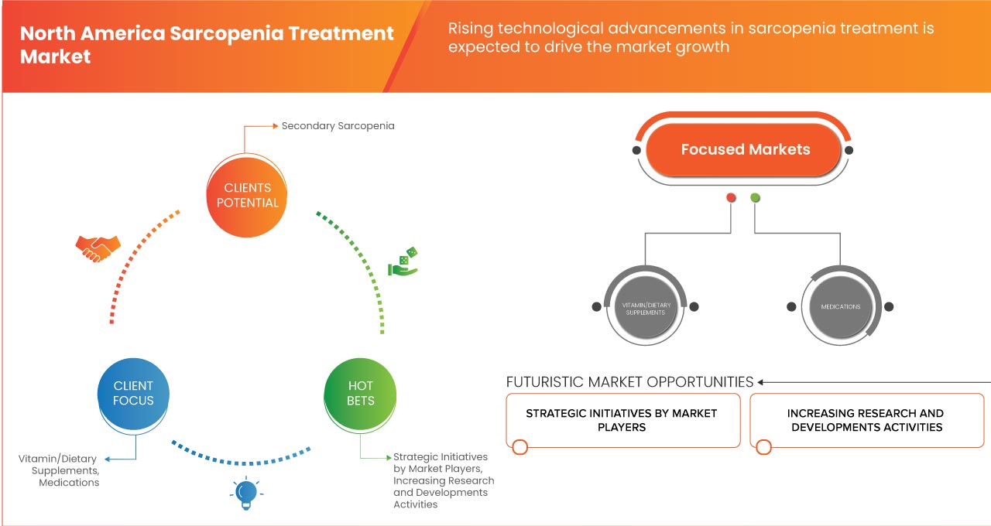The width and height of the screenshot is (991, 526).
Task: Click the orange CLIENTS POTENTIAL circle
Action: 248,195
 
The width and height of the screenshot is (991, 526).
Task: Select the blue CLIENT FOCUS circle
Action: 133,393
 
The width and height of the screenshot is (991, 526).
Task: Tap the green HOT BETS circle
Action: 360,393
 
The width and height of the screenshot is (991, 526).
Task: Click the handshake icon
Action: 98,248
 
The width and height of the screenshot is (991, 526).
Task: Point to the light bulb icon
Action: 245,493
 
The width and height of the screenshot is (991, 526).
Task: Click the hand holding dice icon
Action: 403,262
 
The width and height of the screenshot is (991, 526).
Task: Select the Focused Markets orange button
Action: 745,150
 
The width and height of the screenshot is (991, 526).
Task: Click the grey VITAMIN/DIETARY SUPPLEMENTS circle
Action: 645,307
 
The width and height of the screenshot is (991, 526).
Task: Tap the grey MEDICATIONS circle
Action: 840,307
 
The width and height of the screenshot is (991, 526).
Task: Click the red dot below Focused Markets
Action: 731,198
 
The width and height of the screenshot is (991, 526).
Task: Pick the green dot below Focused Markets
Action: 755,198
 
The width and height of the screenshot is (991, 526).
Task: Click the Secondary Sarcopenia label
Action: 338,125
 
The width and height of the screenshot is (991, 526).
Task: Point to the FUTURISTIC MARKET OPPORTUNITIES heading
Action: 629,382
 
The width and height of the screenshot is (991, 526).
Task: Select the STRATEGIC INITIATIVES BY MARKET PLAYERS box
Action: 622,420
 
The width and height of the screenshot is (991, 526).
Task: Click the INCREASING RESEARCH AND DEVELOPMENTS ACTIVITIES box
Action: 866,420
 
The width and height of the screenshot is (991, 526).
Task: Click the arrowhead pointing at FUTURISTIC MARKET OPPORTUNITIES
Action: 761,382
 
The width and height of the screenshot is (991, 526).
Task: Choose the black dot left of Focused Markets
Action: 636,150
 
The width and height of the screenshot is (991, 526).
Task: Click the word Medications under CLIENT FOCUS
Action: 69,483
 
